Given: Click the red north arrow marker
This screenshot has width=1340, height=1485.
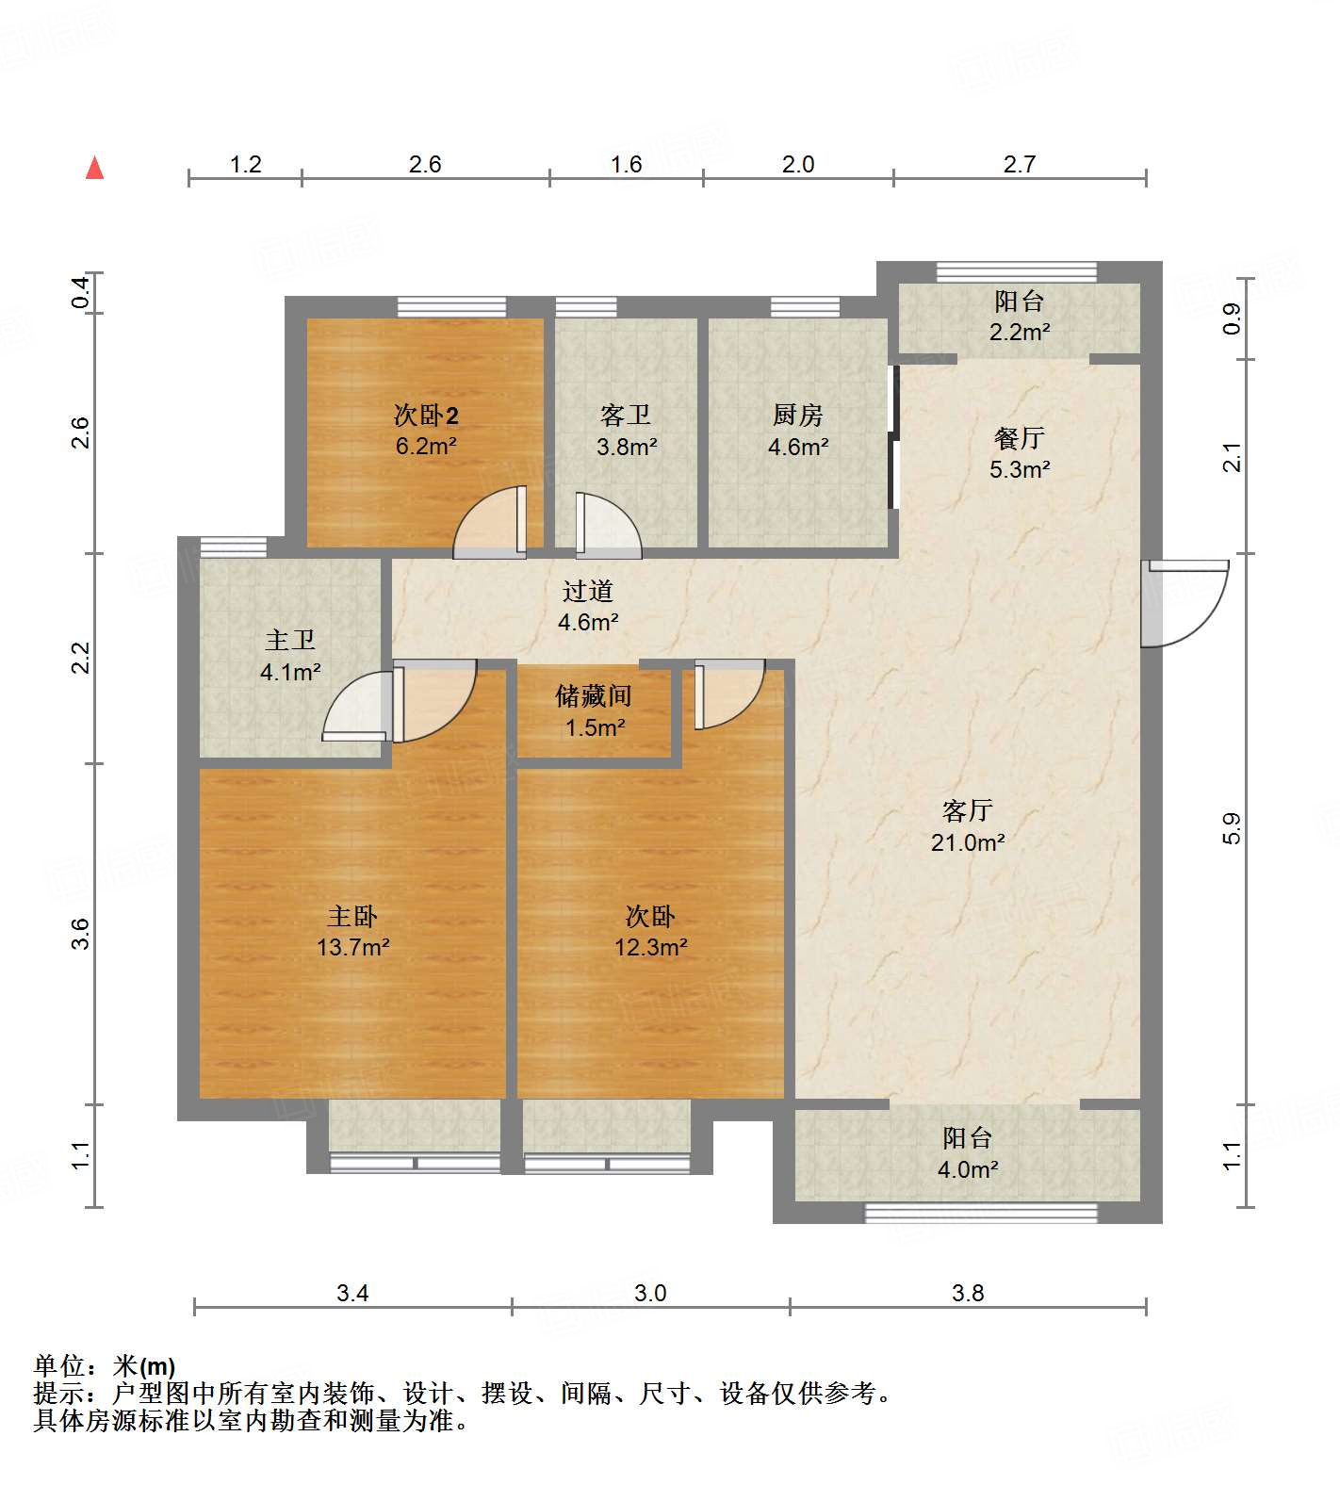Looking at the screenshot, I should (94, 169).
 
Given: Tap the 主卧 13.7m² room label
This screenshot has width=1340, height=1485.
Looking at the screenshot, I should (352, 931).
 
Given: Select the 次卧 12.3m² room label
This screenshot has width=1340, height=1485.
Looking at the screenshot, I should (650, 931).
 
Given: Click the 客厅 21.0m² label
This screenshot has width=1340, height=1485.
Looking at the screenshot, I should (967, 826).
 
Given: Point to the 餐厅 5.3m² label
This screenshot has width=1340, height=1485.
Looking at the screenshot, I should (1019, 453).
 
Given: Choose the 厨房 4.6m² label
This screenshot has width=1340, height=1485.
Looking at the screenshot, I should (797, 431).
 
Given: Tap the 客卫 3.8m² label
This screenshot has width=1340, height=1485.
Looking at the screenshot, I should (626, 431).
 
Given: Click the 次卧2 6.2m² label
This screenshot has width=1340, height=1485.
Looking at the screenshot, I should (426, 431).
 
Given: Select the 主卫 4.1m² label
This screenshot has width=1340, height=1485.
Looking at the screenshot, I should (290, 656).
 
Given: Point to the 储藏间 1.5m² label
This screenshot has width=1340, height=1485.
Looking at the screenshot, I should (594, 711).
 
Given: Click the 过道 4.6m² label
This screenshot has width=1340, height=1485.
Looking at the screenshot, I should (588, 606).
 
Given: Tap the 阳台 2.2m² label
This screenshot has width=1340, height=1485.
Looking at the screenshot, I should (1019, 316).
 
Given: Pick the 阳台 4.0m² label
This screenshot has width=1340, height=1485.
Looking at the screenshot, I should (967, 1152).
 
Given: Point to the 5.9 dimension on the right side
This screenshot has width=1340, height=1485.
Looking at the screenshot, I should (1232, 827).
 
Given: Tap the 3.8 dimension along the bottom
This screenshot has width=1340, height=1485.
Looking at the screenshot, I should (967, 1293).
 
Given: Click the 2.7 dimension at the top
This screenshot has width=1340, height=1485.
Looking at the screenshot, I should (1019, 164).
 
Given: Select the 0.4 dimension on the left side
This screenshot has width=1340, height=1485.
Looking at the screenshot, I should (81, 292).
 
